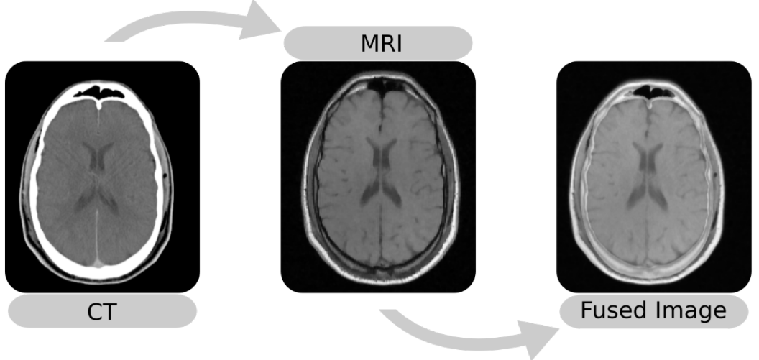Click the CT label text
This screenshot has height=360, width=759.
point(102,312)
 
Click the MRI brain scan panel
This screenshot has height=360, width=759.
point(378,176)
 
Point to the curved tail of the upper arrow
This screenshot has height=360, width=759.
point(144,29)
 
